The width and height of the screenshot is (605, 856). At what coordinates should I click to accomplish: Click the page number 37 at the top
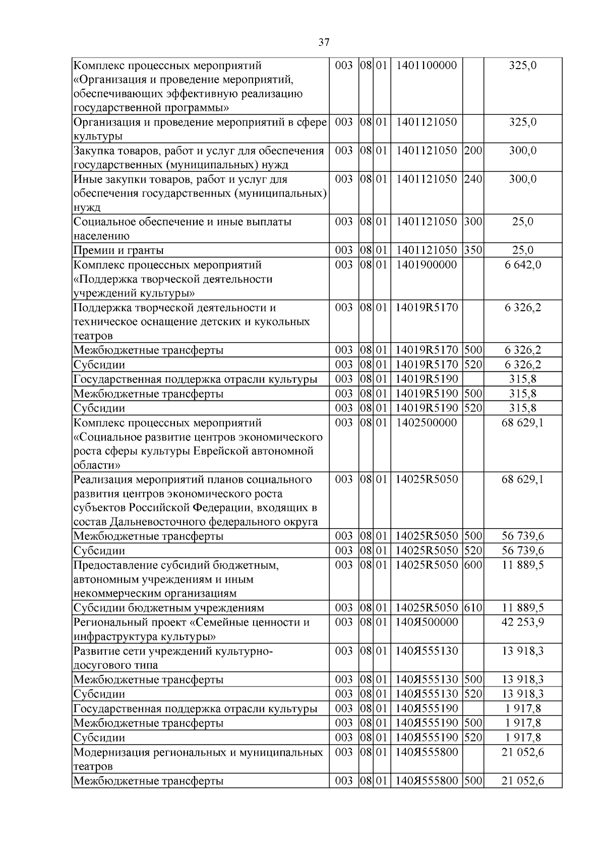click(324, 42)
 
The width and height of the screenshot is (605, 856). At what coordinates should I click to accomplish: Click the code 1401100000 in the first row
click(427, 65)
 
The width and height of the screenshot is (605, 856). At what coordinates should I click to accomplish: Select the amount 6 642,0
click(523, 265)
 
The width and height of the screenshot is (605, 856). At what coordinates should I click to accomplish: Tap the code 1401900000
click(427, 265)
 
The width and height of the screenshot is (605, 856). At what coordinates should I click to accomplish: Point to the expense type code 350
click(473, 250)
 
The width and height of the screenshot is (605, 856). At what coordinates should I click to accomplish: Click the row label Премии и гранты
click(118, 250)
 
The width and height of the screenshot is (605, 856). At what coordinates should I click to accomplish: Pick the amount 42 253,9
click(523, 622)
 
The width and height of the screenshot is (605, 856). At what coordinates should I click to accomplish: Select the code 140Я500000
click(427, 622)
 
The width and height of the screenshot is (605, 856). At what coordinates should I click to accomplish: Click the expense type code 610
click(473, 608)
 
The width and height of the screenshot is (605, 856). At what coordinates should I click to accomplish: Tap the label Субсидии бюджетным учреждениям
click(169, 608)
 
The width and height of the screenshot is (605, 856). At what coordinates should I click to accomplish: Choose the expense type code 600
click(473, 565)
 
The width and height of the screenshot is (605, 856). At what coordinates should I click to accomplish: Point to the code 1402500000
click(427, 423)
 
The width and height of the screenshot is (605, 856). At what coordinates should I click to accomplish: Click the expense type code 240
click(473, 179)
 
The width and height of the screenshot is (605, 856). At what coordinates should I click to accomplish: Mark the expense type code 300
click(473, 221)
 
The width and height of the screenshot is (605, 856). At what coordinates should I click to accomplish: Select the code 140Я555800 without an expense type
click(427, 752)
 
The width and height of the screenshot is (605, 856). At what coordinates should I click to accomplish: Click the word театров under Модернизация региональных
click(93, 766)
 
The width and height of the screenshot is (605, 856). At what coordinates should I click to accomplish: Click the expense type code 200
click(473, 150)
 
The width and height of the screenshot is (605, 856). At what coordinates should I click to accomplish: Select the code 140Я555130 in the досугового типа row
click(427, 651)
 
